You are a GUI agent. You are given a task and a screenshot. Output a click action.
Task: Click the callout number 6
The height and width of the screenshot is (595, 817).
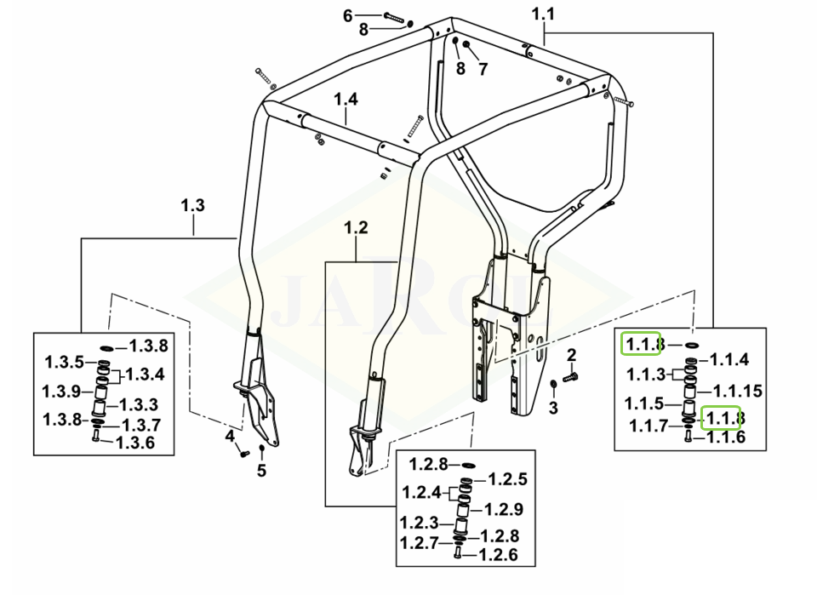click(x=347, y=15)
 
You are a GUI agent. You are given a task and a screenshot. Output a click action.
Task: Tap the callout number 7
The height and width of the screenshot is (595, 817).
click(x=483, y=69)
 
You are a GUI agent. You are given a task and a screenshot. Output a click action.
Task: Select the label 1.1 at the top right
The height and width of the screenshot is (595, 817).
click(x=543, y=14)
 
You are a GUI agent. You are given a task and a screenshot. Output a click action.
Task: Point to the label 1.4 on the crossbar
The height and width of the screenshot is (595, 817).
click(x=346, y=99)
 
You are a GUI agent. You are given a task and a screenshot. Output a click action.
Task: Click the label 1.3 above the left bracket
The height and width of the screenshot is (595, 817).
click(x=193, y=205)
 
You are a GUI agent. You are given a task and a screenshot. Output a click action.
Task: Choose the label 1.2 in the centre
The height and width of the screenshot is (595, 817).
click(x=357, y=227)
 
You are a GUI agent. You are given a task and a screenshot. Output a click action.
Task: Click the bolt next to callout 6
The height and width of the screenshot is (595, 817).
click(x=394, y=17)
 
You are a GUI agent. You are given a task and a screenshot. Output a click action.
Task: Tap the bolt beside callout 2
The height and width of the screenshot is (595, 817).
click(x=570, y=377)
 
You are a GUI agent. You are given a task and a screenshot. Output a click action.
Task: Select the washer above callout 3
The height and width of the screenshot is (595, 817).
click(x=553, y=385)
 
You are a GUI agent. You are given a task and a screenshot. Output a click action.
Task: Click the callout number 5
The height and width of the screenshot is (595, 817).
click(x=261, y=471)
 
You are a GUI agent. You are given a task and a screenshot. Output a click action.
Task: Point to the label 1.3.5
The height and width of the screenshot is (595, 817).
click(x=64, y=362)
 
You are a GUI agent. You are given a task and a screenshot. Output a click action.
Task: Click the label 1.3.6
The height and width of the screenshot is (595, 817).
click(x=135, y=443)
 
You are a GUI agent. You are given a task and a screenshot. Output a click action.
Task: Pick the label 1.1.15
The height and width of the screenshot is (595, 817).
click(x=738, y=391)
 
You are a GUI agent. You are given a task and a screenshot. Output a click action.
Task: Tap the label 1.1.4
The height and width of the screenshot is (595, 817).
click(x=729, y=359)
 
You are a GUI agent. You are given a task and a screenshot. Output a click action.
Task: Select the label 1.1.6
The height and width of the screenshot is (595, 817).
click(x=726, y=437)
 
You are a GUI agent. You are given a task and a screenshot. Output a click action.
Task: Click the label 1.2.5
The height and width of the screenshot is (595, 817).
click(x=507, y=479)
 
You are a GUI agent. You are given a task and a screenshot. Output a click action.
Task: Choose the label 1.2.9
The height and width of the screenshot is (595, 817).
click(x=503, y=509)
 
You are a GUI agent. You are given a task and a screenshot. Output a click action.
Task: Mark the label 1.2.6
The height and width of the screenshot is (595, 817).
click(x=498, y=555)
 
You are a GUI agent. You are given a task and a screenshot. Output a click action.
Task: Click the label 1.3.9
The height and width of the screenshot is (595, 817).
click(x=61, y=392)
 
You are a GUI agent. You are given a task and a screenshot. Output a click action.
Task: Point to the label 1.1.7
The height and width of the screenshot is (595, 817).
click(x=648, y=426)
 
